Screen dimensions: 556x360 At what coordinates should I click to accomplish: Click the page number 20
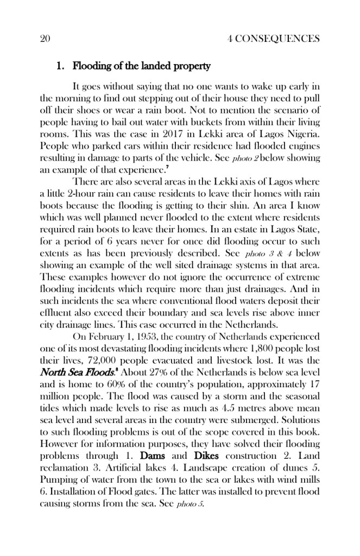(x=45, y=39)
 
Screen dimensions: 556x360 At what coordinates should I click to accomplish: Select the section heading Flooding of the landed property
(x=141, y=67)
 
